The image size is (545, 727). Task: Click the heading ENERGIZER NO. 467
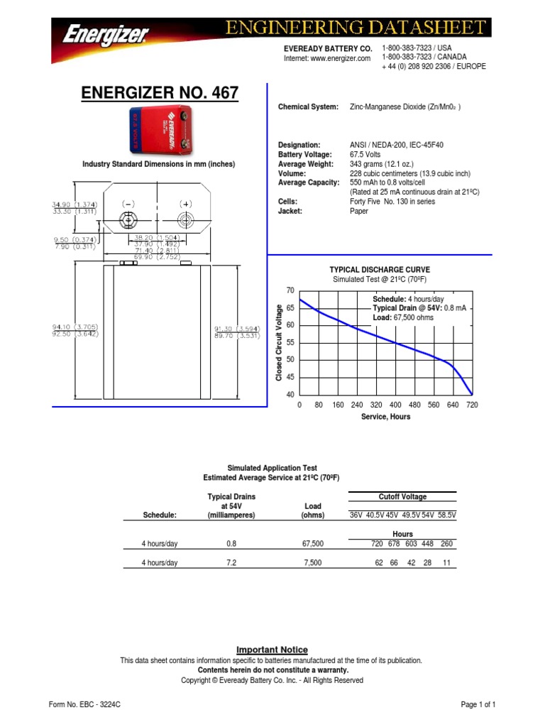pos(160,92)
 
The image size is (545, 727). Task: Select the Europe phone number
pos(434,66)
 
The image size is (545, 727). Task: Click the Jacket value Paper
pos(359,211)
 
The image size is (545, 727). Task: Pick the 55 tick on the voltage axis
pos(290,343)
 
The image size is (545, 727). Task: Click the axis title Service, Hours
pos(385,417)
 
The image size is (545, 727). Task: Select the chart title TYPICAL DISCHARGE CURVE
pos(380,270)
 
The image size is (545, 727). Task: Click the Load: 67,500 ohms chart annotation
pos(402,317)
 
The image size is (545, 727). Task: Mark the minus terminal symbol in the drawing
pos(128,204)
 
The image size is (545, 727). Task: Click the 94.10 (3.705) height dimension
pos(75,327)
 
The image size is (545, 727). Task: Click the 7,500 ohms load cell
pos(312,562)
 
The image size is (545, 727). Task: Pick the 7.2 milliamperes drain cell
pos(231,562)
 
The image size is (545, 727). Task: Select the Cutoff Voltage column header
pos(402,497)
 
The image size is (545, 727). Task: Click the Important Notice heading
pos(272,650)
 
